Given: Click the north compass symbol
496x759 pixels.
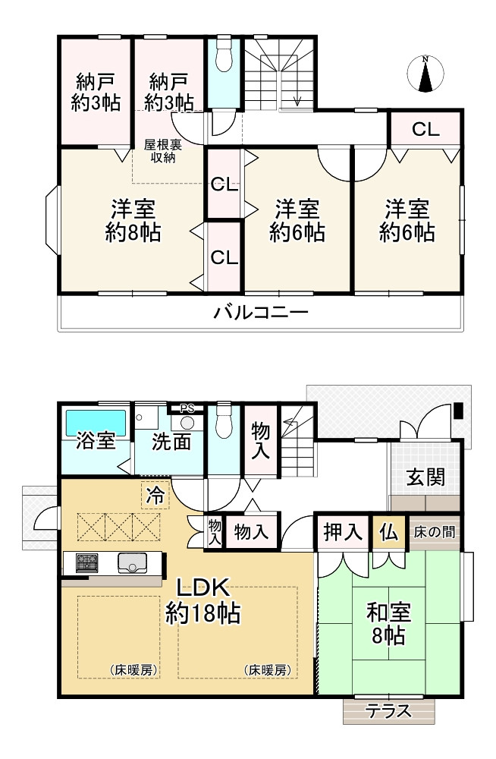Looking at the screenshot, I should [x=425, y=74].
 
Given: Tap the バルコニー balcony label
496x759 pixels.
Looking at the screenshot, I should [x=260, y=312].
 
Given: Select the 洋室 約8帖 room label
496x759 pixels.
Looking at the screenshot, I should [x=133, y=220].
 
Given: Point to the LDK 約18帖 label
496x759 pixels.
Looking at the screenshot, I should [x=203, y=600].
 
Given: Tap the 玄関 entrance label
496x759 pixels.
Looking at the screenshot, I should [x=425, y=477].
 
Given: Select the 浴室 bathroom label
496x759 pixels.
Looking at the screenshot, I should [x=96, y=442].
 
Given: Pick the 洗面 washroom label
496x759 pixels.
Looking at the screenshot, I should [x=171, y=442].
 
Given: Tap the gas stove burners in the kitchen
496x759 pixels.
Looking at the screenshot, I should [x=86, y=563].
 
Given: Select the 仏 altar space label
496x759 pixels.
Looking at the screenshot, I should [x=389, y=532].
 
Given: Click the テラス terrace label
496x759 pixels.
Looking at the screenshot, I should [x=389, y=711].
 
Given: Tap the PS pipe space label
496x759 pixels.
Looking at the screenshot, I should [x=187, y=407].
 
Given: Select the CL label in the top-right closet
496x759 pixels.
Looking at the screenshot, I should [x=425, y=129].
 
